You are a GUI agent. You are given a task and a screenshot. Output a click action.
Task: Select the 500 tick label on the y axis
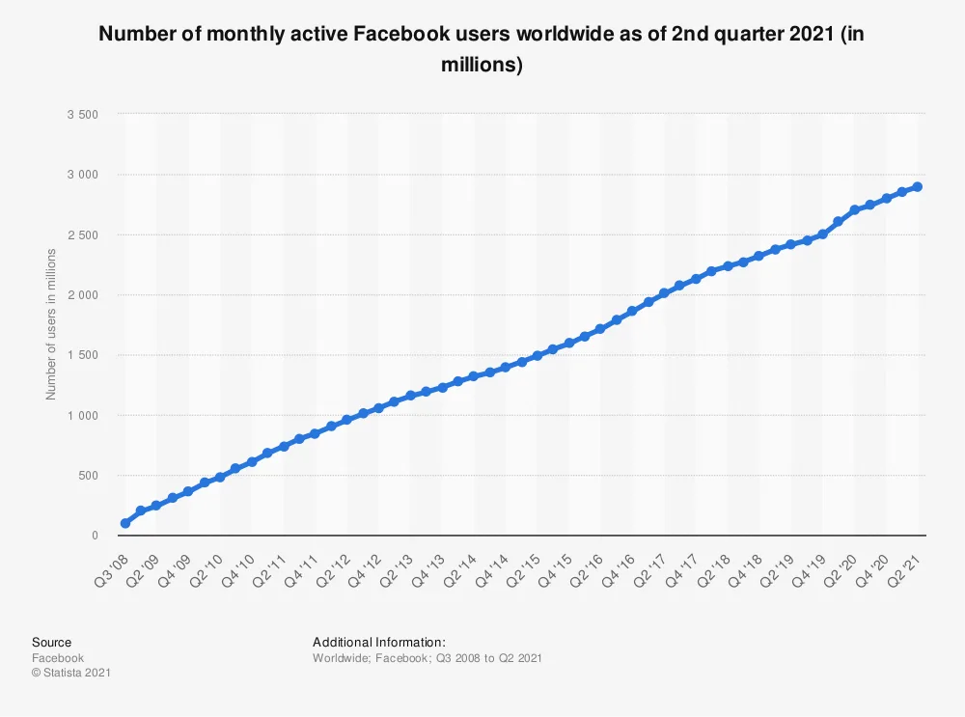click(89, 476)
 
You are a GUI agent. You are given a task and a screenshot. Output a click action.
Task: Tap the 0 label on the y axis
click(96, 536)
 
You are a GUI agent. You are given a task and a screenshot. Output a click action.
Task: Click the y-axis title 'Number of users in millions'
click(52, 324)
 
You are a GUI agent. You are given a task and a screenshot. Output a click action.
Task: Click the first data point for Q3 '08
click(125, 523)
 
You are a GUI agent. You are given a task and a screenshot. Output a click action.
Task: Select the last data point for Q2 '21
click(918, 187)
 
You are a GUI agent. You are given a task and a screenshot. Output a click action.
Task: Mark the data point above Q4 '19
click(822, 234)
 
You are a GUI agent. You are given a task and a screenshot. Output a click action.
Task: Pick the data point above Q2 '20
click(854, 210)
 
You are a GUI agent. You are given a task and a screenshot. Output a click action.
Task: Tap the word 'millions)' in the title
click(482, 67)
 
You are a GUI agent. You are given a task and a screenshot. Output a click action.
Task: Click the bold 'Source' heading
click(51, 642)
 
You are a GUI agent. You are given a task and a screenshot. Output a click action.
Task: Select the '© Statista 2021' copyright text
click(70, 673)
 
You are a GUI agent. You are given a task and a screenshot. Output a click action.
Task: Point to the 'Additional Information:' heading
click(378, 642)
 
